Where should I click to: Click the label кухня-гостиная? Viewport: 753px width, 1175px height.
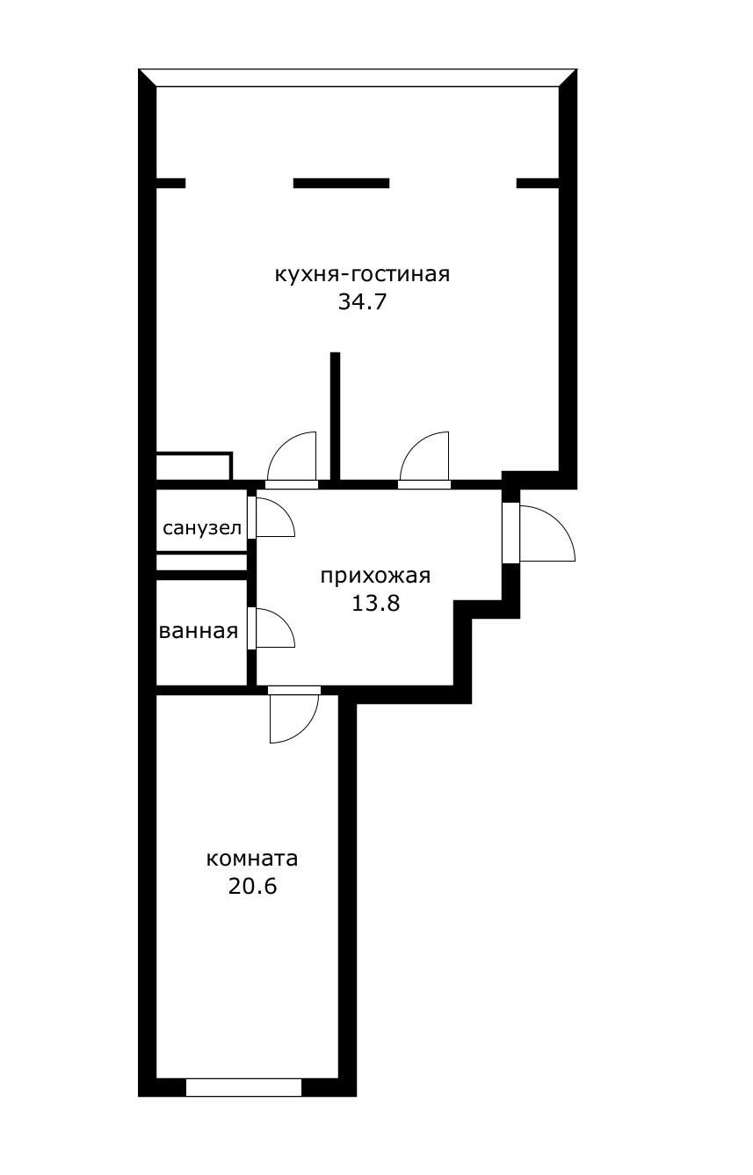(x=362, y=274)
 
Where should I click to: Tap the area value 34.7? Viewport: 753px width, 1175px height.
(x=362, y=303)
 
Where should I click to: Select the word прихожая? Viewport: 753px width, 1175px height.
(x=375, y=577)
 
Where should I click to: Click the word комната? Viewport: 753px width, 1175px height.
(x=252, y=858)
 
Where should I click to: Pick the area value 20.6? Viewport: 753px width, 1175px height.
(x=252, y=886)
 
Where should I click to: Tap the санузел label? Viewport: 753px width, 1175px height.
(x=202, y=528)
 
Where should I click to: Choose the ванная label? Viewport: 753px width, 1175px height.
(x=199, y=631)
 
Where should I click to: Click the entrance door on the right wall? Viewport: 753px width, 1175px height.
(x=545, y=533)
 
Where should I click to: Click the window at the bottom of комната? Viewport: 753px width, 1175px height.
(x=243, y=1087)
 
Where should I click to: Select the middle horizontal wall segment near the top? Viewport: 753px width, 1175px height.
(x=341, y=184)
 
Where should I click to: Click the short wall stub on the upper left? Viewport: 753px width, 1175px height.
(x=170, y=184)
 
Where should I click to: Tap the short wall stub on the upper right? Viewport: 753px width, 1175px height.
(x=538, y=184)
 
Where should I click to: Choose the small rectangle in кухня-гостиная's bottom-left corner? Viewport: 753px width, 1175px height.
(x=193, y=467)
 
